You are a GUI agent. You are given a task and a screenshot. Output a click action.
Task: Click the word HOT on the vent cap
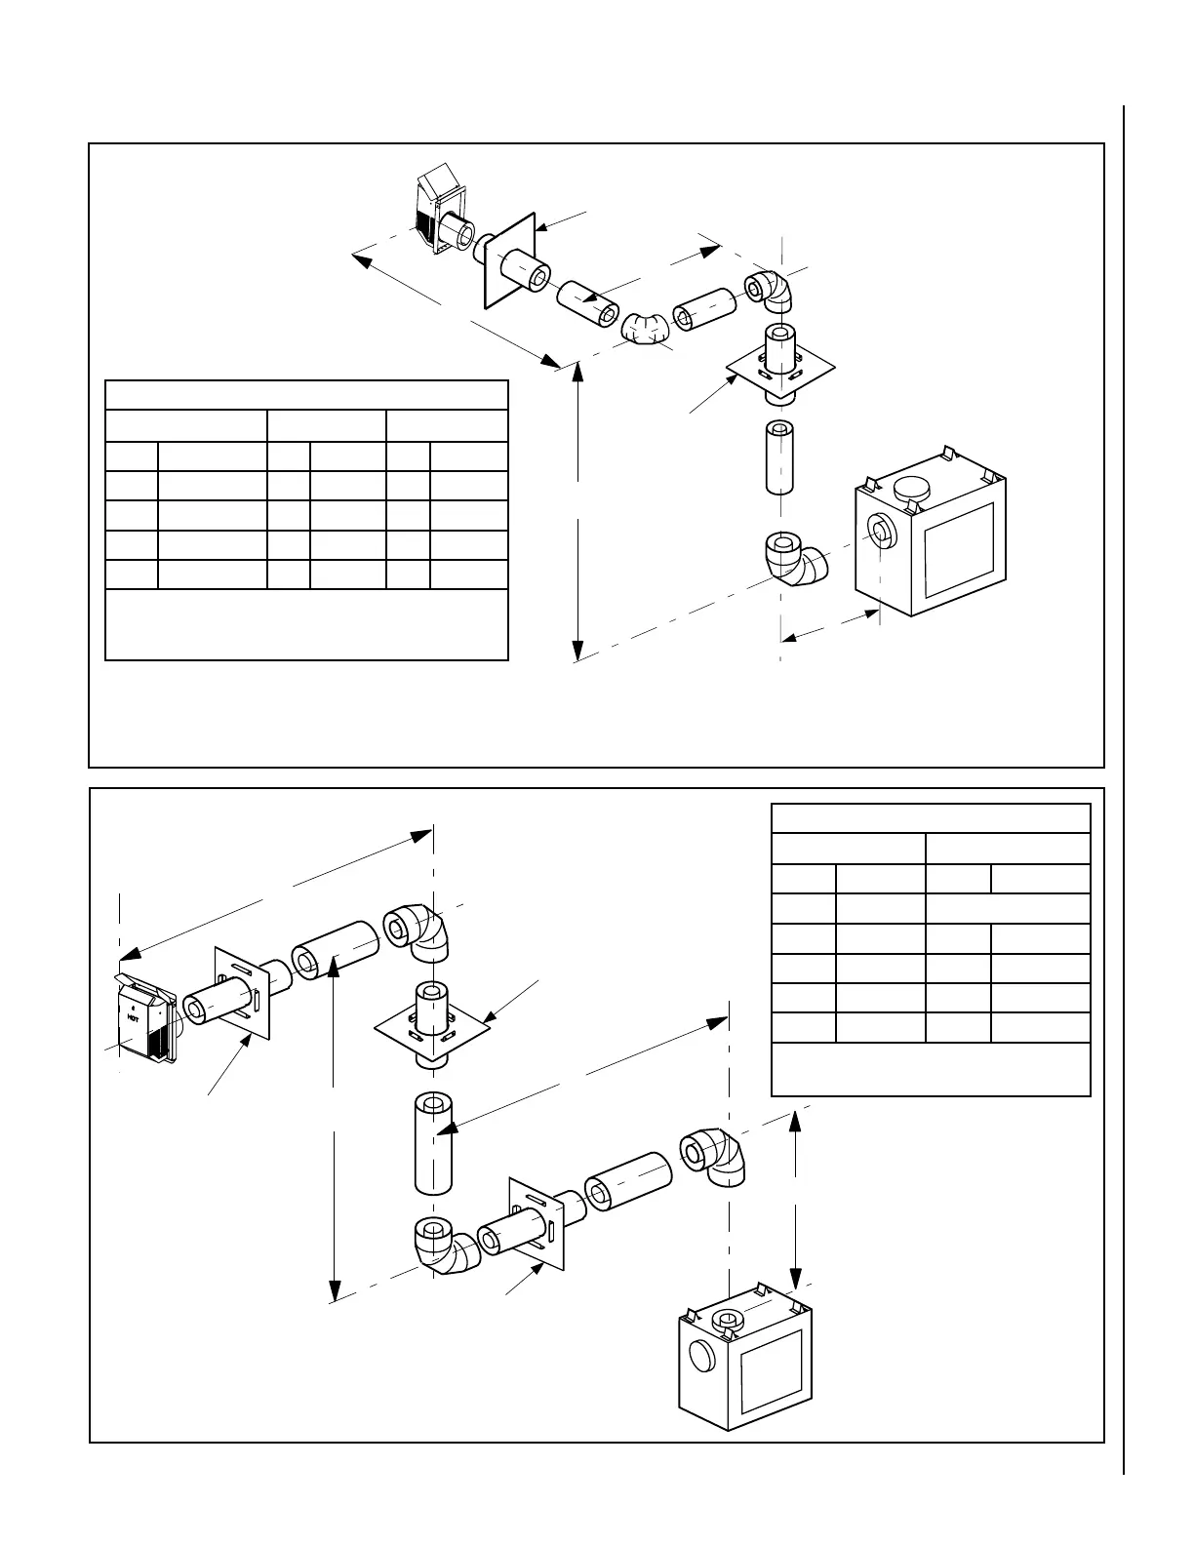click(x=133, y=1015)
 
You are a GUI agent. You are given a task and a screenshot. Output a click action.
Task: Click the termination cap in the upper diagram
click(x=436, y=213)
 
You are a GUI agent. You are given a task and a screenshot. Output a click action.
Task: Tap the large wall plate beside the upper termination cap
click(x=509, y=258)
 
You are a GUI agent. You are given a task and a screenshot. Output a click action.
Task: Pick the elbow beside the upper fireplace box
click(x=795, y=558)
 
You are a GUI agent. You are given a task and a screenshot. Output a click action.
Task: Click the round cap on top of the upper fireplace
click(x=914, y=491)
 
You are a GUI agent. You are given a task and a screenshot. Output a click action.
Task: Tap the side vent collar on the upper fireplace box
click(x=883, y=533)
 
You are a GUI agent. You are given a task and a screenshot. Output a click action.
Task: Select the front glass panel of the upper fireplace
click(x=959, y=549)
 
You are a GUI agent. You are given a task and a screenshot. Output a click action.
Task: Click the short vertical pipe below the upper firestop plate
click(x=780, y=456)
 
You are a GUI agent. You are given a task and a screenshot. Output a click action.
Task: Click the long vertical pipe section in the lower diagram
click(x=433, y=1142)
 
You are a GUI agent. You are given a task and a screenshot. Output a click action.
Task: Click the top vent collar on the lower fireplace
click(x=726, y=1322)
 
